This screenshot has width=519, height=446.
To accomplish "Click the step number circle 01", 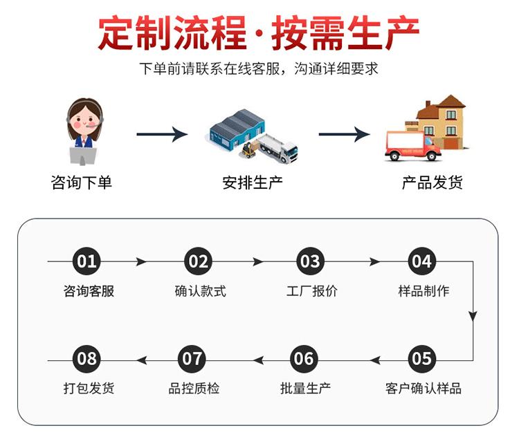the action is (x=86, y=261).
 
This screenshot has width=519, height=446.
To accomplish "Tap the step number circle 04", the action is (x=421, y=261).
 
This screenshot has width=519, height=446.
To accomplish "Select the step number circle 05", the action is (x=421, y=359).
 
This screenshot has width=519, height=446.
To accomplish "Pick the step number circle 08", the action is (x=86, y=359).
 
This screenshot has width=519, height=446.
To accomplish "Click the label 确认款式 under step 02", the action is (x=200, y=291).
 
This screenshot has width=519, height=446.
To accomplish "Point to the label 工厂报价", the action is (x=312, y=291).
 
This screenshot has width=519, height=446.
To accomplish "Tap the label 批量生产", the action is (x=305, y=388).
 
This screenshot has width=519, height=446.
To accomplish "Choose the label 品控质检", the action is (x=194, y=388).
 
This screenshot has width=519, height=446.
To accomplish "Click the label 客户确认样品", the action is (x=424, y=388).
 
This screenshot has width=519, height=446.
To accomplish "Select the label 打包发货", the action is (x=89, y=388).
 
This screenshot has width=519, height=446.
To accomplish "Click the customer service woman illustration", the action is (x=84, y=131).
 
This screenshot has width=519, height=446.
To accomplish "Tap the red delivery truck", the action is (x=412, y=146).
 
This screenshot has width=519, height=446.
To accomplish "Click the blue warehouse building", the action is (x=237, y=129).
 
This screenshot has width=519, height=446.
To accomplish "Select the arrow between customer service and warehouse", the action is (x=162, y=134).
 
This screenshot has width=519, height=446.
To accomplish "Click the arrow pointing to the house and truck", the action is (x=344, y=134).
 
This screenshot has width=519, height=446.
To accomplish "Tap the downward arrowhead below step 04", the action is (x=473, y=315).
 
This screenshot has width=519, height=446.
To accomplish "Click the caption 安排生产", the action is (x=253, y=183).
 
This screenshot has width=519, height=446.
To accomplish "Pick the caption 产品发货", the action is (x=432, y=183).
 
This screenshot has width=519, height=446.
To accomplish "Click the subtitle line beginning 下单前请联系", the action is (x=259, y=68).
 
